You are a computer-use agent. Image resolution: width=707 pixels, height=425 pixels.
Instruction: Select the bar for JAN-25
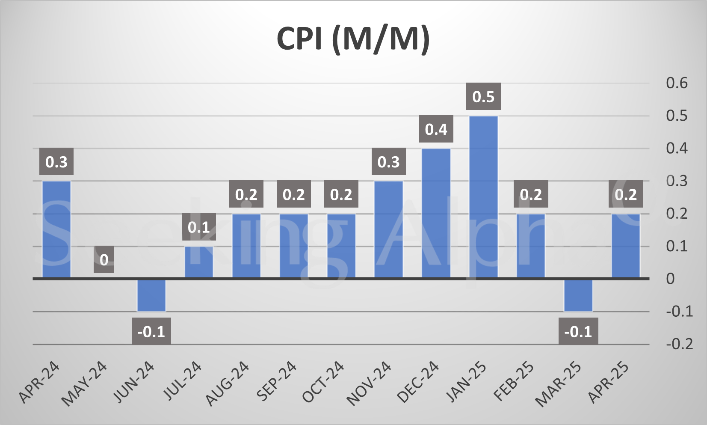483,197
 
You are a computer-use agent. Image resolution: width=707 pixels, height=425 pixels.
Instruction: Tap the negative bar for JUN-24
151,295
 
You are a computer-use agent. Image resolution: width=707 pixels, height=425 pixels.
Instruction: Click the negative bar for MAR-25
578,295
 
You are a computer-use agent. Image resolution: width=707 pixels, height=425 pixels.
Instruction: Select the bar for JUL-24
199,262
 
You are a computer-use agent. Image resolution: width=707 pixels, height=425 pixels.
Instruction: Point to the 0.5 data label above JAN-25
483,97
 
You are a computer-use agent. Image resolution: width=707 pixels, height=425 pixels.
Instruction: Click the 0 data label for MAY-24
104,260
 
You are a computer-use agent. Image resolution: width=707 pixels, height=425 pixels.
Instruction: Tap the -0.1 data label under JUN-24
151,331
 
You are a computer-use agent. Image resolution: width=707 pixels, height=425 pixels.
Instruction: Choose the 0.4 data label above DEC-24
436,129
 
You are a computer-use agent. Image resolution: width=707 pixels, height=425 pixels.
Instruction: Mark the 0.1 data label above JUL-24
199,227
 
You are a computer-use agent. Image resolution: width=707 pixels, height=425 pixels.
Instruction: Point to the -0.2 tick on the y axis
679,344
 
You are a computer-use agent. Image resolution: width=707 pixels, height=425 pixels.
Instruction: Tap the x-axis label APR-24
39,382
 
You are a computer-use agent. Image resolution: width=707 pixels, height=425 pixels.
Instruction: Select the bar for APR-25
626,246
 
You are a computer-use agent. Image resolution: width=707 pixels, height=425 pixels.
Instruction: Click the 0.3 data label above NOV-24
388,162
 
